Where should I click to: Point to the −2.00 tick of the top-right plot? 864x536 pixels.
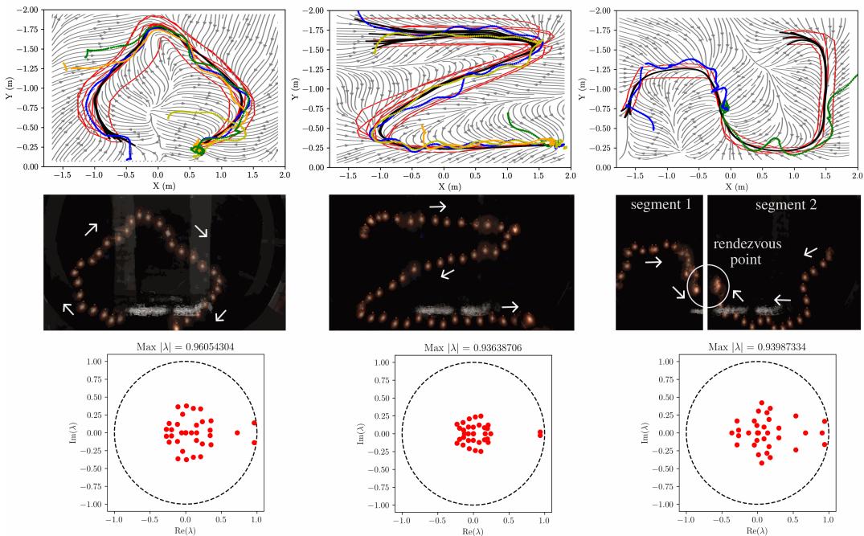[x=600, y=10]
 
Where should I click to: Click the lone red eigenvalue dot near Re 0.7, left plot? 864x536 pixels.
[x=237, y=433]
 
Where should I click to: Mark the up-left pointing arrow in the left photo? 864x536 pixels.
[x=69, y=307]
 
